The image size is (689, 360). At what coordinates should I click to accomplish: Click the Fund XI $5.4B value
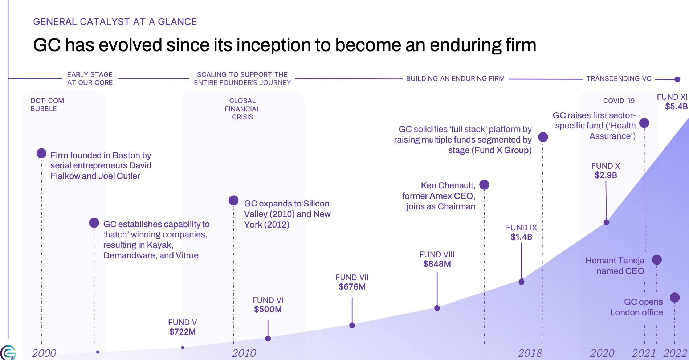[x=676, y=106]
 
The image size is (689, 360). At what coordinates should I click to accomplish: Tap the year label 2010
[x=244, y=353]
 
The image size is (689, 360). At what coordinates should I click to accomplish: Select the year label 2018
[x=530, y=353]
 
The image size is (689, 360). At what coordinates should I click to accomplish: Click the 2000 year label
[x=44, y=353]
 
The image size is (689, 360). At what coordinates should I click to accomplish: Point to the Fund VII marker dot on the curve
[x=352, y=326]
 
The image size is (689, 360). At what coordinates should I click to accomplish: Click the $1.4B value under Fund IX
[x=521, y=237]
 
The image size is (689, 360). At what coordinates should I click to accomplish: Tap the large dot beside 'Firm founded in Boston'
[x=41, y=153]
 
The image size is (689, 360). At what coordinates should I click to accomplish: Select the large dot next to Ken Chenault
[x=484, y=185]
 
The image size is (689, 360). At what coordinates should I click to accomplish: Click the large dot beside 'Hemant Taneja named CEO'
[x=657, y=259]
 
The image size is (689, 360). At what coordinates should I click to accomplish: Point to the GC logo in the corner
[x=8, y=353]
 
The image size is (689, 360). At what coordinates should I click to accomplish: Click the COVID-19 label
[x=619, y=101]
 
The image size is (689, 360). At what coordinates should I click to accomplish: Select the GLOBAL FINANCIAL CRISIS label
[x=242, y=109]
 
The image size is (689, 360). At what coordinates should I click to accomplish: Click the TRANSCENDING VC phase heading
[x=619, y=78]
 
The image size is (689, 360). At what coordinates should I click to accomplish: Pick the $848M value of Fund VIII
[x=437, y=264]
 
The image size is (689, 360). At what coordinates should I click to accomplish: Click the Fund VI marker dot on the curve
[x=268, y=339]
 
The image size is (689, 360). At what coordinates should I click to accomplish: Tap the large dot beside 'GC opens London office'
[x=674, y=298]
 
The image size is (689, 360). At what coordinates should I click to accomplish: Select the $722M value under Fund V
[x=182, y=332]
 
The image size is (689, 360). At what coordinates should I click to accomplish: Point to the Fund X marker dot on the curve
[x=606, y=222]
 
